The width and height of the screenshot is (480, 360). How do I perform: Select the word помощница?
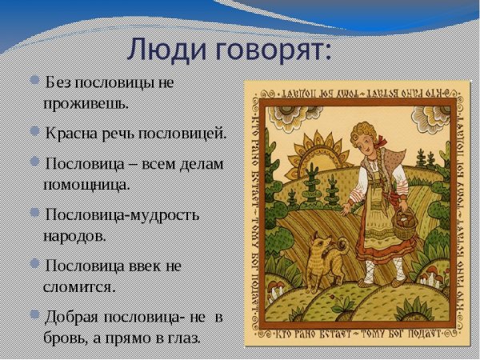86,184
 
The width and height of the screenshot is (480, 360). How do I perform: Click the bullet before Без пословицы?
34,82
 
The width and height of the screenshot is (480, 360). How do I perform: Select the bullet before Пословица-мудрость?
34,214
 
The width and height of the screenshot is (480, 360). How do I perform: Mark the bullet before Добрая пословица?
34,315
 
